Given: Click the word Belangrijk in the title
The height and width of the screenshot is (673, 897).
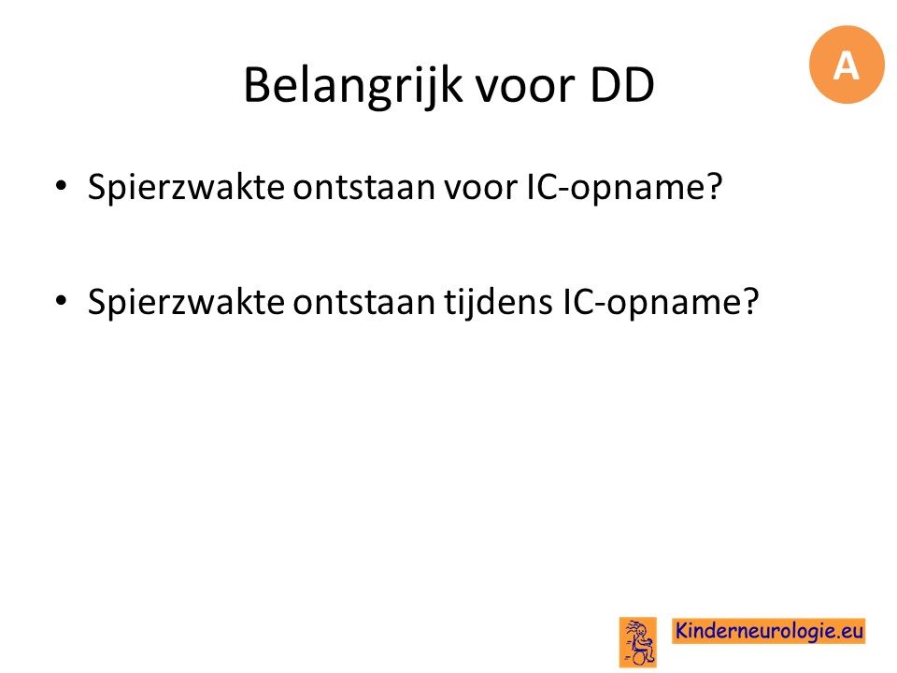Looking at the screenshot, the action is (352, 86).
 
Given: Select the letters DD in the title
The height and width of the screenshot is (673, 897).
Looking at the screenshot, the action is (622, 85).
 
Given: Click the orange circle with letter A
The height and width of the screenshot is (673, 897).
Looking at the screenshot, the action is (847, 64).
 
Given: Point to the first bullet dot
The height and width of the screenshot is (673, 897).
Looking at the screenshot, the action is (61, 186).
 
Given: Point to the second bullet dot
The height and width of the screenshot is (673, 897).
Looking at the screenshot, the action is (61, 301).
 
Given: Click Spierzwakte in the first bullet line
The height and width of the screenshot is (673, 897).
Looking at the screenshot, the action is (186, 187).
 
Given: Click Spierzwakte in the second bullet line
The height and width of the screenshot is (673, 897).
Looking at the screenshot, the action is (186, 302).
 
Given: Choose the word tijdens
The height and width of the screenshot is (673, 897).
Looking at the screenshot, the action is (499, 303).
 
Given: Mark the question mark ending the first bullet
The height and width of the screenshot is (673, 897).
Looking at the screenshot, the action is (715, 187).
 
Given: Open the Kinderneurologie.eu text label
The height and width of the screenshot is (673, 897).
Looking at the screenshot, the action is (768, 631).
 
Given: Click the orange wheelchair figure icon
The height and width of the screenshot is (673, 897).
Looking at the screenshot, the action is (638, 642).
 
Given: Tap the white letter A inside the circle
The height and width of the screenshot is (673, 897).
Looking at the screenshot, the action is (847, 65).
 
